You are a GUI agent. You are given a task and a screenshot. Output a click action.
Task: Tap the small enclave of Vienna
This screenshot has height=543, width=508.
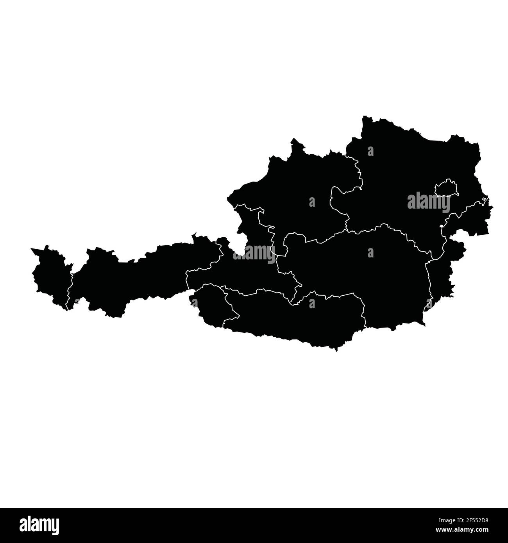(x=445, y=188)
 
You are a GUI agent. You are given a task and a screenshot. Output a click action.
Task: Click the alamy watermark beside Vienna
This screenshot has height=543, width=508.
(x=429, y=202)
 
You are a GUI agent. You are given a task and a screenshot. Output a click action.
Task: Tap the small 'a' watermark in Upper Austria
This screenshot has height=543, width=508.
(x=312, y=202)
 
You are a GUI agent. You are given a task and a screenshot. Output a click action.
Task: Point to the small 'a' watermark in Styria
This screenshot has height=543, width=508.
(x=370, y=253)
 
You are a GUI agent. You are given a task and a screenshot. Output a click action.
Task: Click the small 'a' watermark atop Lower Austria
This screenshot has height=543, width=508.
(x=370, y=151)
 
